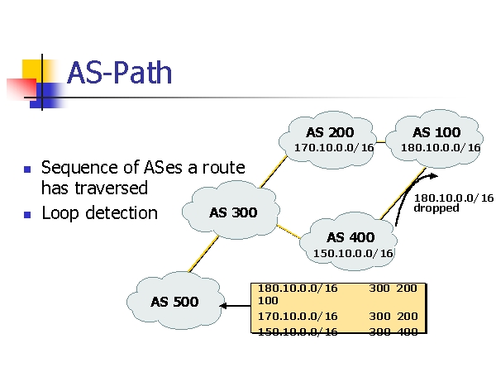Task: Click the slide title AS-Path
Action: [119, 73]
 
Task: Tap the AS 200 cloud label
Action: [329, 132]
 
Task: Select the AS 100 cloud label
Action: [436, 132]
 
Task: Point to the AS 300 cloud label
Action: [233, 212]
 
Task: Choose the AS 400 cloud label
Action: [351, 237]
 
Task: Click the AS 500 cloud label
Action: [174, 302]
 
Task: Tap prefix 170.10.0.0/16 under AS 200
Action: [334, 148]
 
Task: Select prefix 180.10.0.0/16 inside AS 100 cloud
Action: [441, 148]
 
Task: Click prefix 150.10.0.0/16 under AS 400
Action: [353, 253]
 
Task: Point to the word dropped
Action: [436, 208]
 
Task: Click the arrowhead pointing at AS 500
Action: [223, 306]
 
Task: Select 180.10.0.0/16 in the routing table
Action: [298, 289]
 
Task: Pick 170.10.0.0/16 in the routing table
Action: [298, 317]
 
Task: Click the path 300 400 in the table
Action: [393, 331]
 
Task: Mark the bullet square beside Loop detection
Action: [26, 214]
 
